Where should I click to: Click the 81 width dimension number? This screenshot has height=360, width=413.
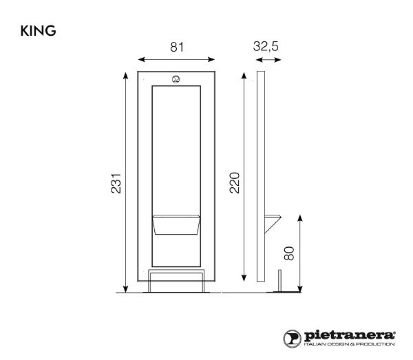click(178, 46)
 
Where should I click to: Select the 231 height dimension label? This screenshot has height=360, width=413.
click(116, 182)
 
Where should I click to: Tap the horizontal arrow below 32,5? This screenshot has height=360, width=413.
click(269, 60)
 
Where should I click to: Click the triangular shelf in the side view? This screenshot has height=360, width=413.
click(273, 219)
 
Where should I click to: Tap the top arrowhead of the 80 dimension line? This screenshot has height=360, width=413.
click(300, 218)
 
